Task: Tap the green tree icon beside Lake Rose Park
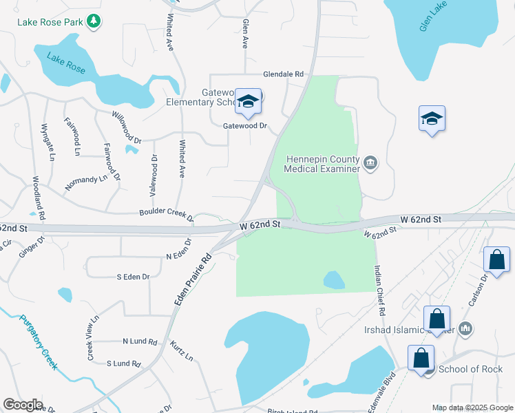pos(95,21)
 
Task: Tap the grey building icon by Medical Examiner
pos(371,163)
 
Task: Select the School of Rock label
pos(470,369)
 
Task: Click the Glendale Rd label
pos(283,74)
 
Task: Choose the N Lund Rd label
pos(140,341)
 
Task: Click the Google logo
pos(23,405)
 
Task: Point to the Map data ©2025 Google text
pos(471,407)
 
